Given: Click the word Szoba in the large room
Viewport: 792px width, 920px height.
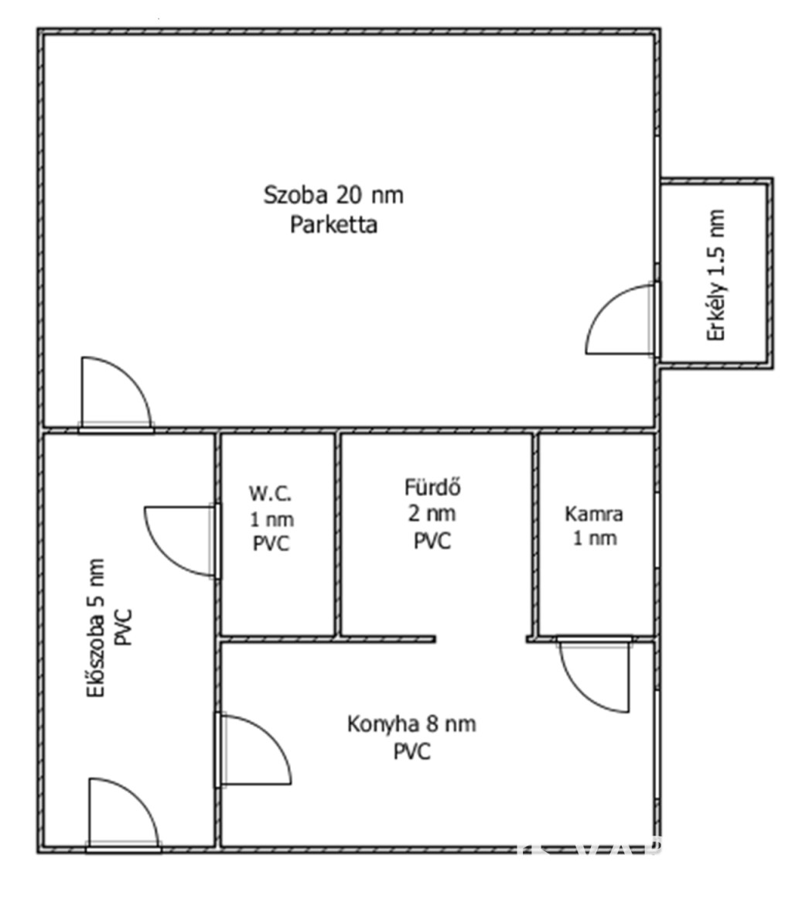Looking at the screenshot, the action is point(295,195).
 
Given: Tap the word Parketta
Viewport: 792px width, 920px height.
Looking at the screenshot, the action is point(333,224).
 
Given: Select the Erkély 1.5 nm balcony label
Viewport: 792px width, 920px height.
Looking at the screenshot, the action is point(716,275).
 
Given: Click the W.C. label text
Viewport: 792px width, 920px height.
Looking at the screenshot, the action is point(270,494).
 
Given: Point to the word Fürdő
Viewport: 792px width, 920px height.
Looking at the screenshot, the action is point(432,487).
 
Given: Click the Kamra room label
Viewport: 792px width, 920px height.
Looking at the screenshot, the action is point(594,514).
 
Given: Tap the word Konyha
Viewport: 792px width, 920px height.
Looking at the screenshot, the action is point(384,724).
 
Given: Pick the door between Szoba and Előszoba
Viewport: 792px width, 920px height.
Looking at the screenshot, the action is point(116,394).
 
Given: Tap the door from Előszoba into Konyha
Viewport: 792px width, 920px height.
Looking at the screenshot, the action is point(254,750).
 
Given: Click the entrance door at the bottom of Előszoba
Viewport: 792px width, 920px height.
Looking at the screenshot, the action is point(123,815).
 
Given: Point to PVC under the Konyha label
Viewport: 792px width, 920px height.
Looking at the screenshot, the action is point(411,751).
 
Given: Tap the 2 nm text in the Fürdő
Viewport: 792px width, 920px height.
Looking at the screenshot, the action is point(432,514).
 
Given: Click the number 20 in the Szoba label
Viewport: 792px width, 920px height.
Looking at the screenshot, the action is point(349,195).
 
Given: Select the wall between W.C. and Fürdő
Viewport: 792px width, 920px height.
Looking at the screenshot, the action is point(337,535).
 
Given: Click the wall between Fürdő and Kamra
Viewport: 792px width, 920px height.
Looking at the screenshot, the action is point(535,535).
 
